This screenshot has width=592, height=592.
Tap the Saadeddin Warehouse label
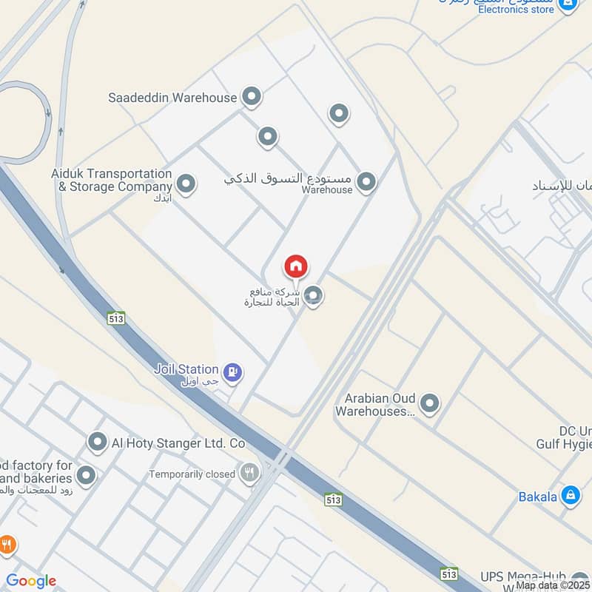172,97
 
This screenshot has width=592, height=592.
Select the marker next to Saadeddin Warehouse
252,96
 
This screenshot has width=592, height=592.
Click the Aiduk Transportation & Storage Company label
112,180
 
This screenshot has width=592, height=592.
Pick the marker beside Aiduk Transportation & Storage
186,183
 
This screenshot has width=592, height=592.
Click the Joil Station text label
186,369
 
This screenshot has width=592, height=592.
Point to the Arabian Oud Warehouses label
374,405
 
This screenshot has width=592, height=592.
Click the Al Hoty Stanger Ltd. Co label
178,443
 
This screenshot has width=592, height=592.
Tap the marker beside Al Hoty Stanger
97,443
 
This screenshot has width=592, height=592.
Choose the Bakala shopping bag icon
570,496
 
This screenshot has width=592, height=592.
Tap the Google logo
32,581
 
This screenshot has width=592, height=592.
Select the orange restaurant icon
7,545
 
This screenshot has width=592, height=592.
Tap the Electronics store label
516,10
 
